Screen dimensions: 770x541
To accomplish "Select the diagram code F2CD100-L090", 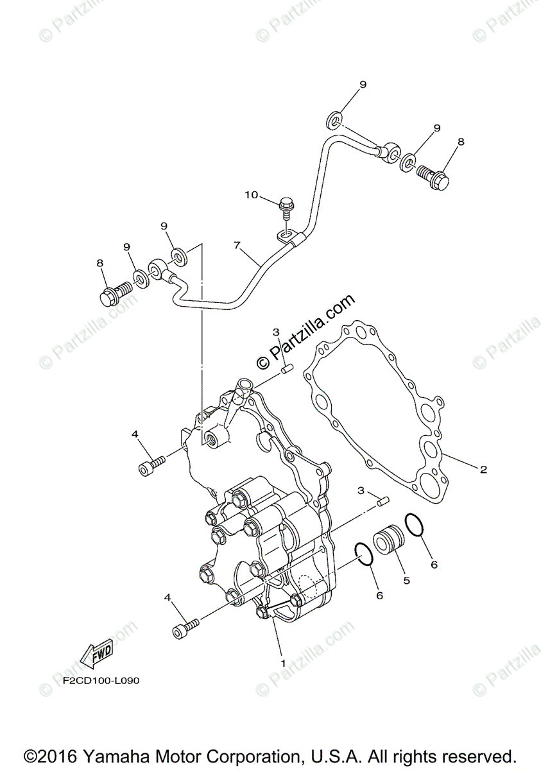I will click(100, 681).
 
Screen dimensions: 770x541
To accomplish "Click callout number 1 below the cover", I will click(282, 661).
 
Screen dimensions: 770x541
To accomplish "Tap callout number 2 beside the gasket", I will click(483, 470).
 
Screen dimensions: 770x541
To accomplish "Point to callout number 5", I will click(406, 579).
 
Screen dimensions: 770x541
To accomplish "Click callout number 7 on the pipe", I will click(237, 246).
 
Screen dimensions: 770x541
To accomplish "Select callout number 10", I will click(250, 194).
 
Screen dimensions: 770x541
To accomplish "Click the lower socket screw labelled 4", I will click(185, 626).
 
